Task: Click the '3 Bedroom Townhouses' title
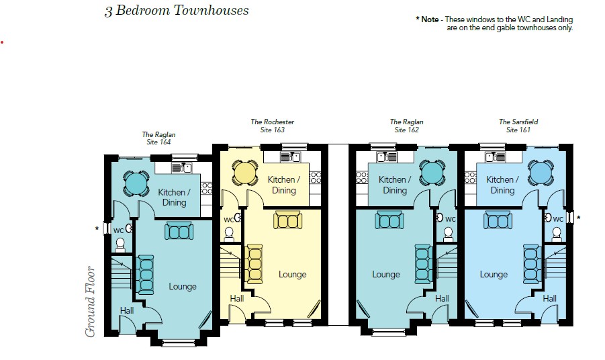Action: [x=177, y=11]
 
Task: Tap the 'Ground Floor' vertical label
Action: [x=91, y=302]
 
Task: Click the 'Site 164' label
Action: [x=158, y=142]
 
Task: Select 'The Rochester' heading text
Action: [x=272, y=122]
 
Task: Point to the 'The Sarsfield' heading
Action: [x=518, y=122]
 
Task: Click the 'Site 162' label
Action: [x=406, y=130]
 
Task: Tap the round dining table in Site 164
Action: [x=135, y=182]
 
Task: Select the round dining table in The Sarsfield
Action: [x=541, y=173]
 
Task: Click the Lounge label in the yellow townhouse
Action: [x=292, y=274]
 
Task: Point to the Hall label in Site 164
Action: [x=127, y=310]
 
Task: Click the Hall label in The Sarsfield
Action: [x=549, y=298]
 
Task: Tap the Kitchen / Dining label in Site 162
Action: [x=393, y=185]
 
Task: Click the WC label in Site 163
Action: [x=229, y=220]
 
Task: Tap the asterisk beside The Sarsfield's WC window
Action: [x=578, y=218]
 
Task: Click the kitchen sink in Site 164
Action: [x=183, y=167]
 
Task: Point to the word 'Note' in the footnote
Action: [x=430, y=19]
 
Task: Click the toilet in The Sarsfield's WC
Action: [x=556, y=232]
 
